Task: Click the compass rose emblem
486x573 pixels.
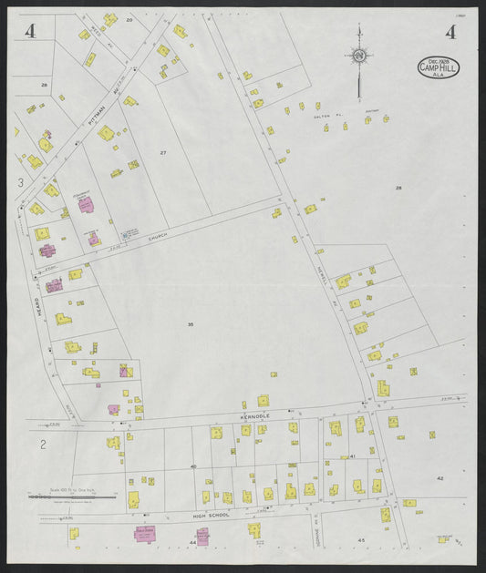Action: pos(360,57)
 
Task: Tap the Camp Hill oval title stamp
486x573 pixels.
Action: pos(439,67)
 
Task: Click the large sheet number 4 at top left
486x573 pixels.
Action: pos(31,32)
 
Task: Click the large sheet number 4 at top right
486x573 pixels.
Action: pos(450,32)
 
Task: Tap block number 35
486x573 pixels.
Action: pos(191,323)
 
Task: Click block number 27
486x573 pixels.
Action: pos(164,151)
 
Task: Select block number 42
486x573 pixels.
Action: pos(439,477)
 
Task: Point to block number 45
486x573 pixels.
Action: pos(361,540)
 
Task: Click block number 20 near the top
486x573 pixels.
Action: pos(129,19)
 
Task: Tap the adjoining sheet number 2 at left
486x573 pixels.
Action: pos(42,445)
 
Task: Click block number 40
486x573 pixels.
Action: pos(193,466)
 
